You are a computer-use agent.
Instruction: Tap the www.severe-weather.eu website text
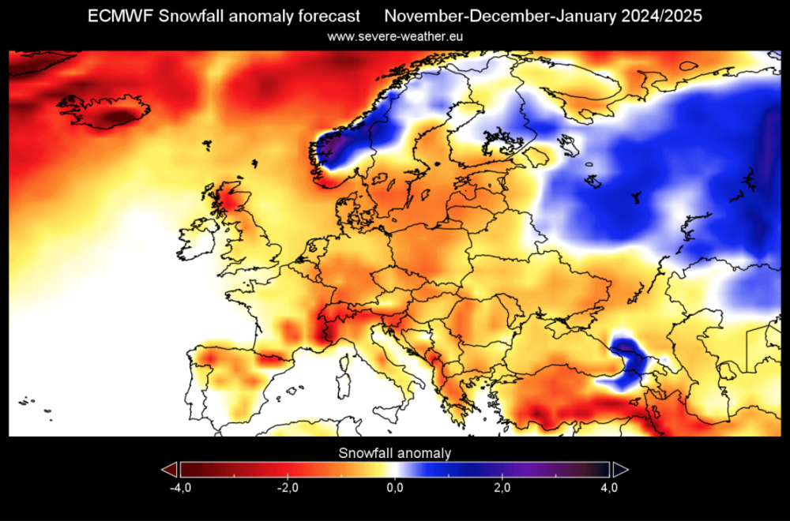coord(395,36)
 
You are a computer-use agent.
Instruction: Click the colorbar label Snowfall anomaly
coord(395,452)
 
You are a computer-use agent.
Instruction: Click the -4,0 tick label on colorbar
coord(180,489)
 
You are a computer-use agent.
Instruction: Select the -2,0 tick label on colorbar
coord(288,489)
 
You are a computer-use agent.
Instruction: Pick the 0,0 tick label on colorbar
coord(395,489)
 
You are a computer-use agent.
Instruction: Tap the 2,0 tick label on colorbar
coord(502,489)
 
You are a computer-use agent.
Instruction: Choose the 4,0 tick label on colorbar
coord(608,489)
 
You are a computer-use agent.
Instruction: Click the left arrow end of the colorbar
coord(169,470)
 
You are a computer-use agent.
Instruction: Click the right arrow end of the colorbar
coord(620,470)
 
